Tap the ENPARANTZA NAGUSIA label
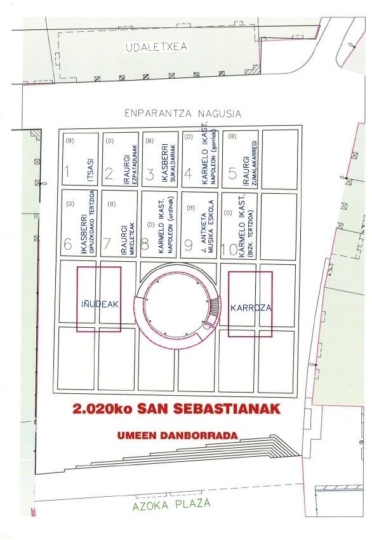click(x=182, y=114)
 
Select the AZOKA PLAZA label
click(x=171, y=506)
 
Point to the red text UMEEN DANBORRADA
click(x=177, y=436)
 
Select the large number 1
click(x=67, y=172)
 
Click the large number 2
click(x=109, y=173)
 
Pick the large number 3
click(x=150, y=173)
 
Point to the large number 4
click(x=189, y=173)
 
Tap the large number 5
click(x=233, y=173)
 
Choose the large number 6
click(x=67, y=243)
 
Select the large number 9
click(x=189, y=244)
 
